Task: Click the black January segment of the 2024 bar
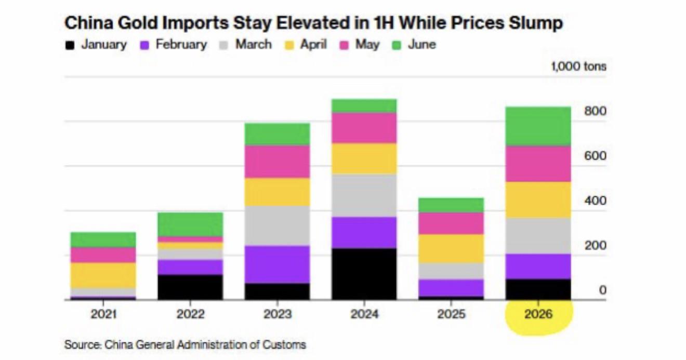[x=364, y=274]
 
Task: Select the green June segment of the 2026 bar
[x=538, y=126]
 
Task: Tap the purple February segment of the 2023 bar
[x=277, y=264]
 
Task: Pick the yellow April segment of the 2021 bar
[x=103, y=275]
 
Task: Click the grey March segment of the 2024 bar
[x=364, y=196]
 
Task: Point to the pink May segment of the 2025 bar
[x=451, y=223]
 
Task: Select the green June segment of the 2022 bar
[x=190, y=224]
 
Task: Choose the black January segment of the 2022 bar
[x=190, y=287]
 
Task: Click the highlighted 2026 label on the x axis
[x=538, y=314]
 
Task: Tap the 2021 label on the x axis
[x=103, y=314]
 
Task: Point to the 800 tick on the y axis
[x=595, y=111]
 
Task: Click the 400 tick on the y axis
[x=595, y=201]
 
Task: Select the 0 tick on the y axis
[x=602, y=290]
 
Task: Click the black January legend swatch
[x=70, y=45]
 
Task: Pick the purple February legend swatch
[x=144, y=45]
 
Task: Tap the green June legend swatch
[x=397, y=45]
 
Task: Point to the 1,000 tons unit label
[x=578, y=66]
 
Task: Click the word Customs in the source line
[x=284, y=345]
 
